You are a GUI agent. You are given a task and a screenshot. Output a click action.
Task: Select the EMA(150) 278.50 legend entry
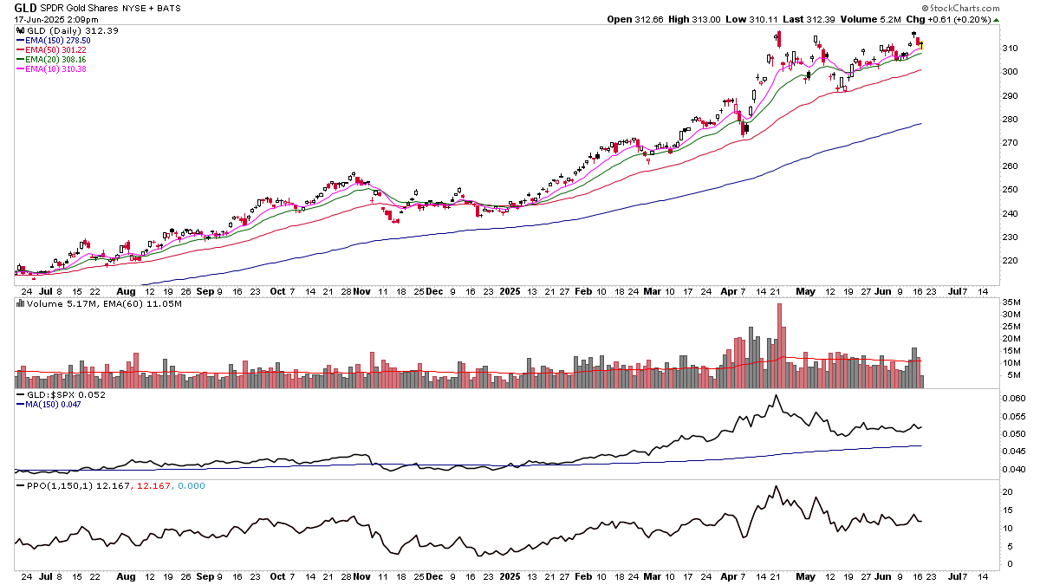(54, 41)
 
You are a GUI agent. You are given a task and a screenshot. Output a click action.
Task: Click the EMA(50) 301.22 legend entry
(51, 50)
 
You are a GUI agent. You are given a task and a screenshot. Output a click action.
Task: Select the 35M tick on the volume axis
(1010, 302)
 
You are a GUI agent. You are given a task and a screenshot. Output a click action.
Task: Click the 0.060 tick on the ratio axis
(1011, 399)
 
